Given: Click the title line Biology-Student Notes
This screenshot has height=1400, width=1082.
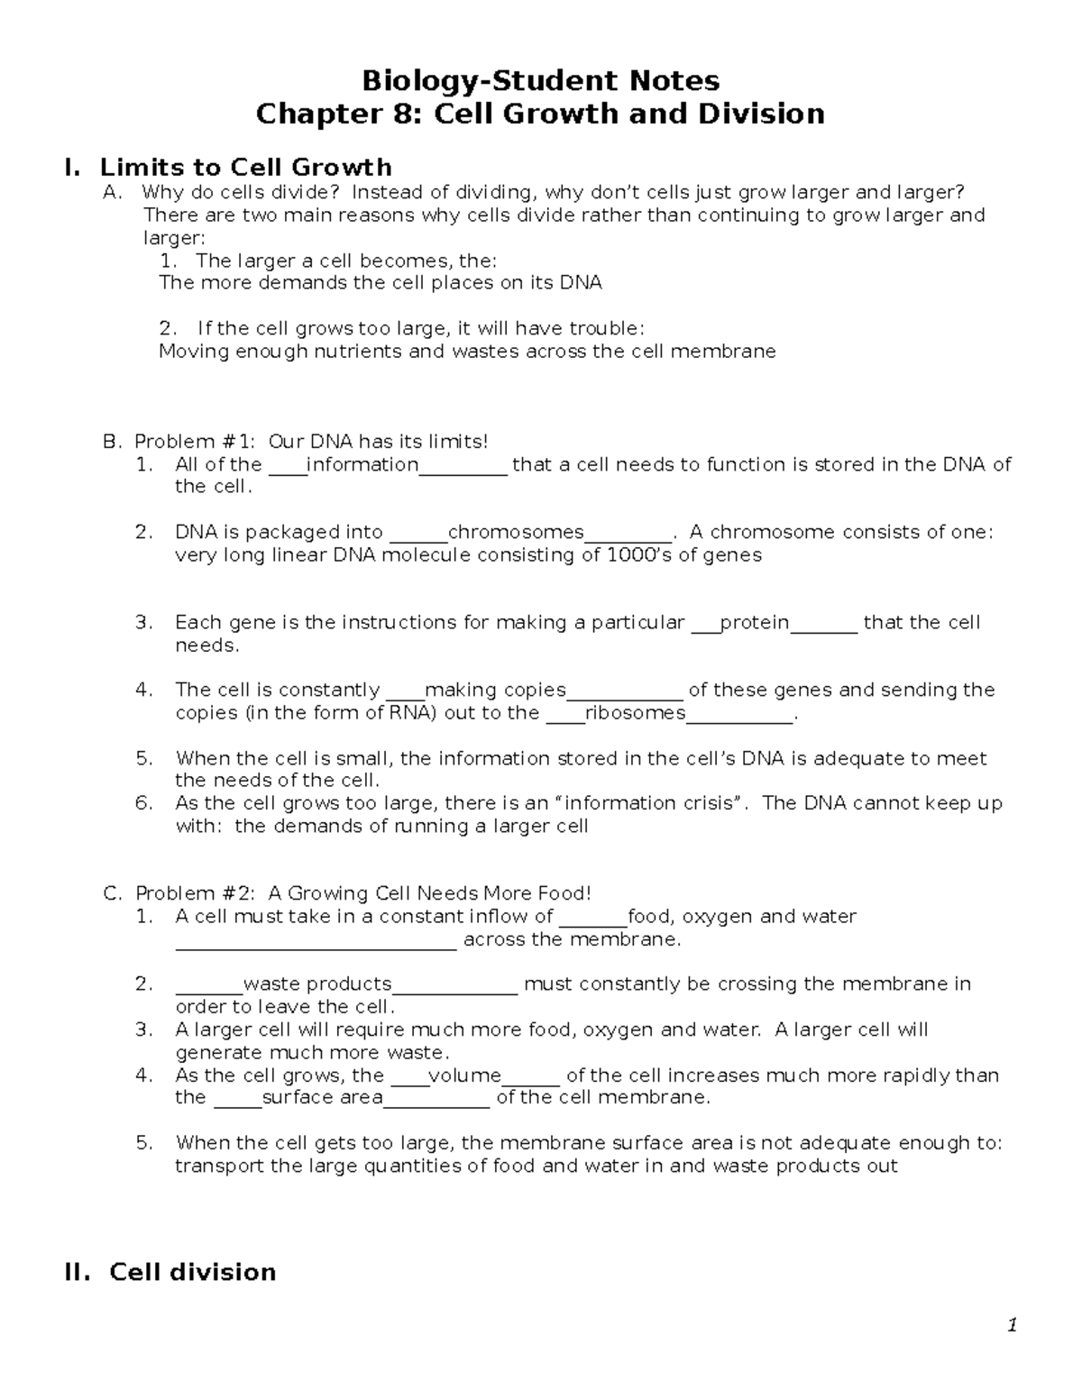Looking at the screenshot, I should (x=540, y=81).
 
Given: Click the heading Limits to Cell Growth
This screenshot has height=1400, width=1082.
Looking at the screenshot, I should (x=245, y=167).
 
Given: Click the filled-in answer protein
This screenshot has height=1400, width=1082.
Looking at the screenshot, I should (x=755, y=622).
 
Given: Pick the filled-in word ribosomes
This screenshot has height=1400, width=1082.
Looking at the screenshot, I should (x=636, y=713).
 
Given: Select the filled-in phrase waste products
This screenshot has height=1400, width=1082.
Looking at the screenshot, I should (x=317, y=984).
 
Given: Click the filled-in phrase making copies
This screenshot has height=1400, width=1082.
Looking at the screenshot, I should (x=495, y=690).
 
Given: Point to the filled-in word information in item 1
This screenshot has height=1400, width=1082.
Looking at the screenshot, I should (x=363, y=464).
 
